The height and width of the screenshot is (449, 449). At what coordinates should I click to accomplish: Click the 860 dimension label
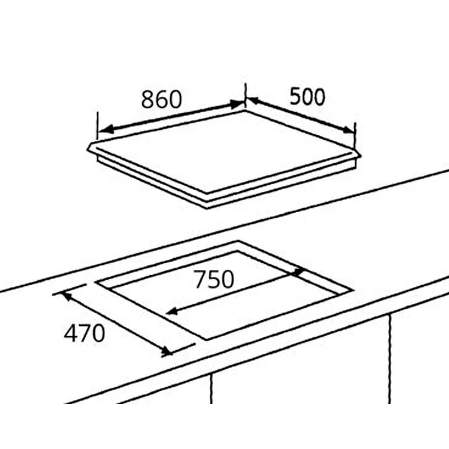pos(162,99)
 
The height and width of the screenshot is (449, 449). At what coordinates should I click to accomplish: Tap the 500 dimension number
pos(307,97)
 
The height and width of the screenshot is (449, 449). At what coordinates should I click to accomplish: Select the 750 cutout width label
pos(214,279)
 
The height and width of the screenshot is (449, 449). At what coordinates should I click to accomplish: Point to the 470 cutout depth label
pos(84,333)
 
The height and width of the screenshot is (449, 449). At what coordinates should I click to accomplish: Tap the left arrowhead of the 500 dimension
pos(253,100)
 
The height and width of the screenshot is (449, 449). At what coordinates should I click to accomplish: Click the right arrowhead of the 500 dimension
pos(348,130)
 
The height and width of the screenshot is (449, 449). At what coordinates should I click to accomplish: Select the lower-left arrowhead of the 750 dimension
pos(172,311)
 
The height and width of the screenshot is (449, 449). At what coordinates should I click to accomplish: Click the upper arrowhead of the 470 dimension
pos(66,296)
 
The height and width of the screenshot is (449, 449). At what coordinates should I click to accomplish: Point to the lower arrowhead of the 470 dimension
pos(166,351)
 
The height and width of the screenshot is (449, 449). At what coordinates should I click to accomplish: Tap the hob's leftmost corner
pos(88,148)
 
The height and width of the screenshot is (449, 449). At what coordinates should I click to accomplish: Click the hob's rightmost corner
pos(361,156)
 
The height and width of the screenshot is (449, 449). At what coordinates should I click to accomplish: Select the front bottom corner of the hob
pos(207,208)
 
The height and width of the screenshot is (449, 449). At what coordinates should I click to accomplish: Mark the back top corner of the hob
pos(245,110)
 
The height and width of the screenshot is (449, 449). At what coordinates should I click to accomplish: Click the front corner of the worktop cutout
pos(207,340)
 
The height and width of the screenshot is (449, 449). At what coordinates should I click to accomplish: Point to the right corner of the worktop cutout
pos(353,290)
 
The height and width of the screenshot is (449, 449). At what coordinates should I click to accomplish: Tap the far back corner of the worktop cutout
pos(238,241)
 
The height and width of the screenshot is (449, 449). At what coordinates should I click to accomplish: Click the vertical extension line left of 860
pos(98,126)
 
